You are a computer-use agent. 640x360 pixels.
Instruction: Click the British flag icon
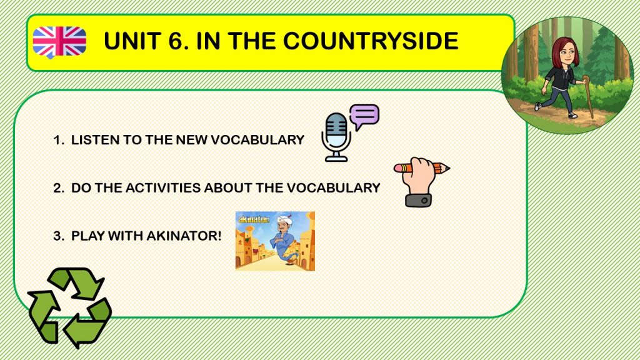point(59,42)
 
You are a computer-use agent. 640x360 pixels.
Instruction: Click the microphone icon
point(336,137)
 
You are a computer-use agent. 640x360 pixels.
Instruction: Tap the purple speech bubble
point(364,116)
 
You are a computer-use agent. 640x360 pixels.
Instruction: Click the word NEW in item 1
point(191,140)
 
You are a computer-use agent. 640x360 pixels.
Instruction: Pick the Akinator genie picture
point(275,241)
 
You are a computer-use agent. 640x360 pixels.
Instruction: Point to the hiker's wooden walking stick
point(588,96)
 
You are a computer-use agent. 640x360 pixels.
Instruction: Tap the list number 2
point(57,187)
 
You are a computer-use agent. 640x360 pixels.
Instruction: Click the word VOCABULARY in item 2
point(334,187)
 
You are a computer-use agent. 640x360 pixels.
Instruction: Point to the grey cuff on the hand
point(418,200)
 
